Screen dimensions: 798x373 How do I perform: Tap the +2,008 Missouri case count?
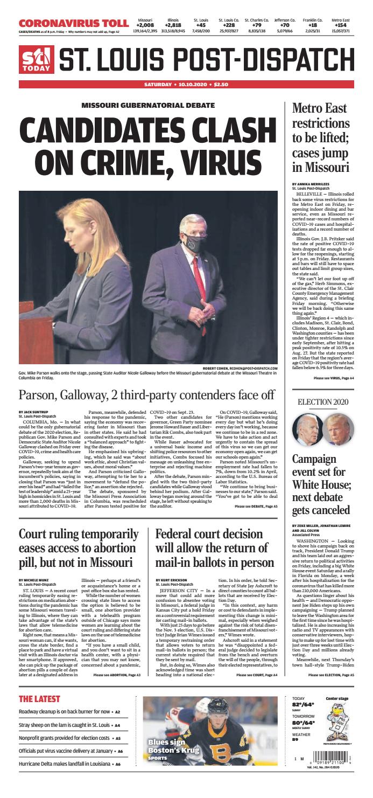(x=145, y=25)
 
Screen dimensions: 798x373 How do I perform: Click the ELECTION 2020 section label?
(x=322, y=401)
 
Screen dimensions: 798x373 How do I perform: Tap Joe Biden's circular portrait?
(x=307, y=429)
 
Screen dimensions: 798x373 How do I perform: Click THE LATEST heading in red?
(x=40, y=699)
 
